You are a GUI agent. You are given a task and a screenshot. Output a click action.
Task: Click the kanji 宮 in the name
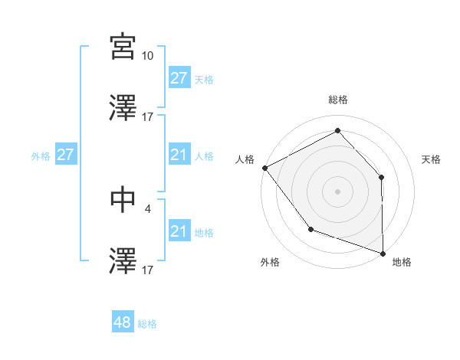pos(123,47)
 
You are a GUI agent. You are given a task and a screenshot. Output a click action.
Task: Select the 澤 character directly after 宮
pos(123,108)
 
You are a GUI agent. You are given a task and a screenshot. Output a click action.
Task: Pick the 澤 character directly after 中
pos(123,260)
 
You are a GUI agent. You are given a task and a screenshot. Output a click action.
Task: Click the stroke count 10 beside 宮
pos(147,56)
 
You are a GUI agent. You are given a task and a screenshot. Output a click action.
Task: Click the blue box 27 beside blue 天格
pos(179,78)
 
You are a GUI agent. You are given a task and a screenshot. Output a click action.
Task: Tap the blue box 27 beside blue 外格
pos(66,155)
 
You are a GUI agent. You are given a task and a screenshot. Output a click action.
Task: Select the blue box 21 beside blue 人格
pos(179,155)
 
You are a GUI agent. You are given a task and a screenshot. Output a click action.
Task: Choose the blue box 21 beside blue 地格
pos(179,231)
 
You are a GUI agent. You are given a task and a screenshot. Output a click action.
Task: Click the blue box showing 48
pos(123,322)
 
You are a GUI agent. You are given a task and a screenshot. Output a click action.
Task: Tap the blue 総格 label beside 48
pos(147,324)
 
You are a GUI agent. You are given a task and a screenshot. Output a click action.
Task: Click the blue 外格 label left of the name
pos(41,155)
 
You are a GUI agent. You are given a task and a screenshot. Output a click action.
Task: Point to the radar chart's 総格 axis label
pos(337,100)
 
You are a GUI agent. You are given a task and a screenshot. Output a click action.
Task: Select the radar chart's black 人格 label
pos(245,159)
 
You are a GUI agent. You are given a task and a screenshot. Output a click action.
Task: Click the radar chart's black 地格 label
pos(402,262)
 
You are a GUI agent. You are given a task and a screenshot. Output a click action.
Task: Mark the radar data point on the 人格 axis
pos(264,167)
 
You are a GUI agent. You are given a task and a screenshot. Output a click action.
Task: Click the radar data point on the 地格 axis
pos(383,253)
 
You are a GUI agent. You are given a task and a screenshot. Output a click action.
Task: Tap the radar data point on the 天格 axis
pos(382,177)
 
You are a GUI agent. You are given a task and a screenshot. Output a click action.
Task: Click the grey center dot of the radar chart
pos(337,191)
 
